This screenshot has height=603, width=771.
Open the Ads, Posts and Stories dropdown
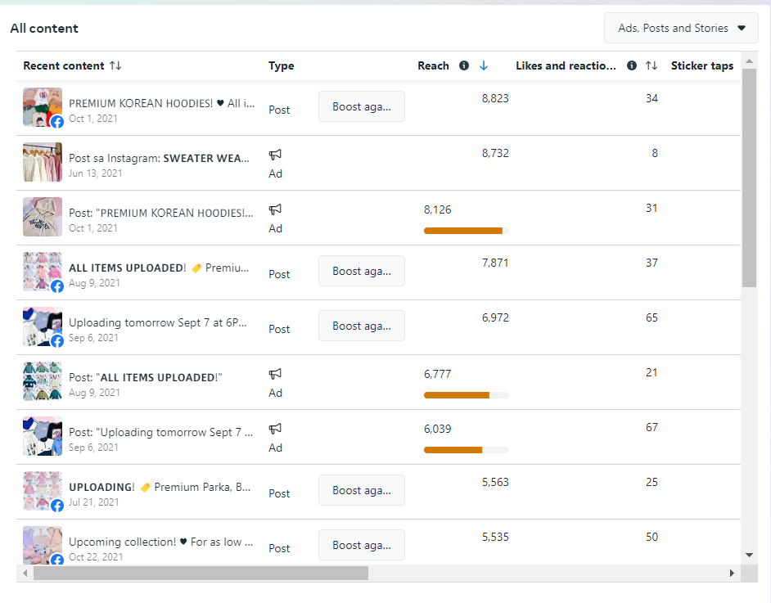[681, 28]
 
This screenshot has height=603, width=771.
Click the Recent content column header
[64, 65]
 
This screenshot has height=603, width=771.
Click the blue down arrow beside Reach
[484, 65]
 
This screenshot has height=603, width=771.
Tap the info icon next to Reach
[464, 65]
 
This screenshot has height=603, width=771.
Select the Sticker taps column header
[701, 65]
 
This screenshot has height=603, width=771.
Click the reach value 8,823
[495, 98]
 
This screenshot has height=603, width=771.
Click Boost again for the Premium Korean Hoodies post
[361, 106]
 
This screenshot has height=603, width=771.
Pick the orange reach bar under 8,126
[463, 231]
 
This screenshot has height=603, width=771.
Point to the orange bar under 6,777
[457, 395]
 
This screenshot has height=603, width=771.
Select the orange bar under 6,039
[453, 450]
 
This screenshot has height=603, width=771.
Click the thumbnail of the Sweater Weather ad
[43, 162]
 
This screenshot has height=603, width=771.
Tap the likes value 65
[652, 317]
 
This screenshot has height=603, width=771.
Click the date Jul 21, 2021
[94, 502]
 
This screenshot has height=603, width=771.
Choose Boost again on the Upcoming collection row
[361, 545]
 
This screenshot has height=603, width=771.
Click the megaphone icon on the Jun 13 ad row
[276, 154]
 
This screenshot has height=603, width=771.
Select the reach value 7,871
[495, 263]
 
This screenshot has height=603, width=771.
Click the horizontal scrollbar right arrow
[732, 574]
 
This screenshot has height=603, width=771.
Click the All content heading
[44, 28]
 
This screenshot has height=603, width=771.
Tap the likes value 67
[652, 427]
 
